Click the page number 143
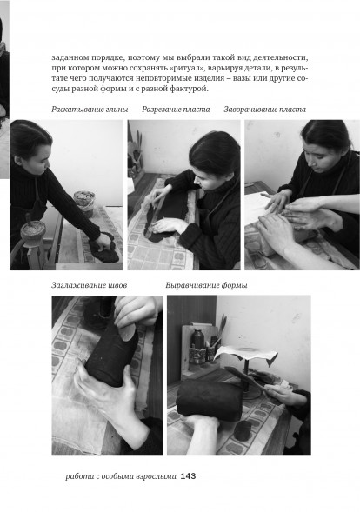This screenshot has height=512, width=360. (188, 476)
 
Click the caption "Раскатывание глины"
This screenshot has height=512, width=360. (90, 110)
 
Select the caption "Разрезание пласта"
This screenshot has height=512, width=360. (176, 110)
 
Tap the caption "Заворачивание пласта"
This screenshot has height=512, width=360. (265, 110)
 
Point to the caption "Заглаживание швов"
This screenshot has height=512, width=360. (90, 285)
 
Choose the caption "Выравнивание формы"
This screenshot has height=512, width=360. (206, 285)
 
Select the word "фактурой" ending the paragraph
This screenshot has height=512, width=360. (190, 89)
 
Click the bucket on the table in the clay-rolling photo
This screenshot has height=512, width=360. (84, 203)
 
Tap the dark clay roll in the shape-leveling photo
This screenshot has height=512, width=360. (210, 399)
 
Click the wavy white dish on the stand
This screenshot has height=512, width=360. (246, 355)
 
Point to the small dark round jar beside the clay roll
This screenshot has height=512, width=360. (242, 429)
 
